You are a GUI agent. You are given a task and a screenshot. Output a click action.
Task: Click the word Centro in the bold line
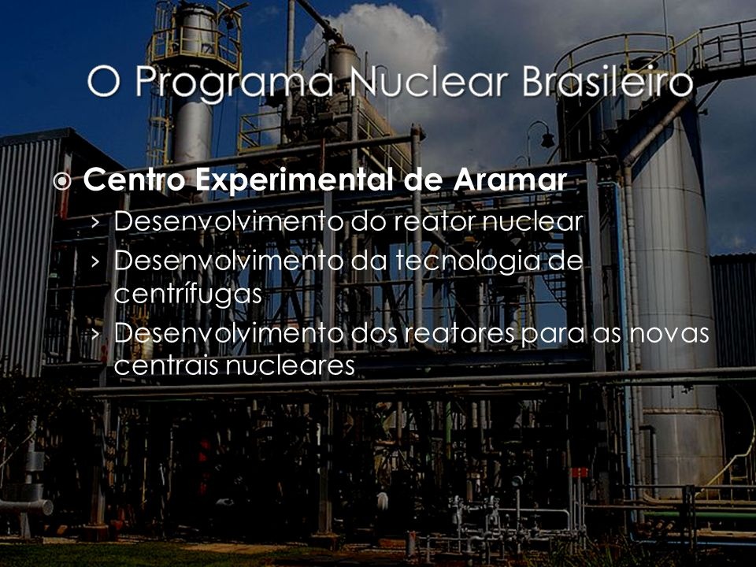(133, 181)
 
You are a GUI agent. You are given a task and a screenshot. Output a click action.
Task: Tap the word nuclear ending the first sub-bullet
(544, 222)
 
